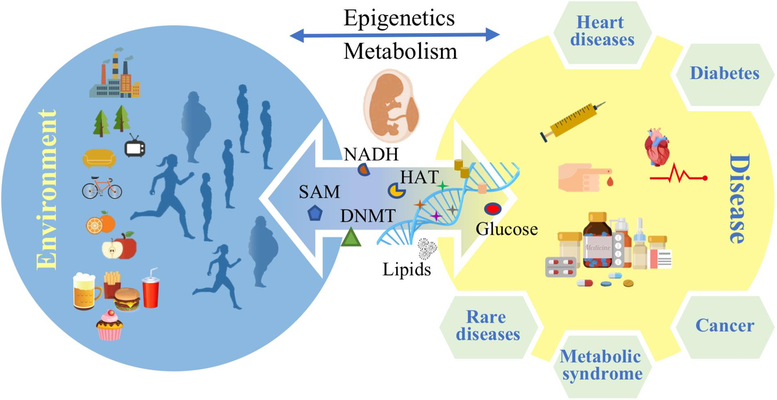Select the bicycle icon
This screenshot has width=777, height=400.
click(102, 188)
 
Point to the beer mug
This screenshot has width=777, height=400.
click(87, 293)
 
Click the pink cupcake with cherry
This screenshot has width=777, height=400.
click(109, 326)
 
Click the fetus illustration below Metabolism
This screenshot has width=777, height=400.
click(390, 106)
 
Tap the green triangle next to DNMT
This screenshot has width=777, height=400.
click(350, 238)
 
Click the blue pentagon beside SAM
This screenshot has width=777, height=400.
click(315, 214)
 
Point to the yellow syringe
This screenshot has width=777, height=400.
click(572, 121)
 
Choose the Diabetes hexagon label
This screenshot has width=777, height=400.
click(724, 74)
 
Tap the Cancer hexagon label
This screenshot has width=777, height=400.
click(725, 326)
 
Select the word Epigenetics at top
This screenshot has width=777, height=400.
click(395, 16)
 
